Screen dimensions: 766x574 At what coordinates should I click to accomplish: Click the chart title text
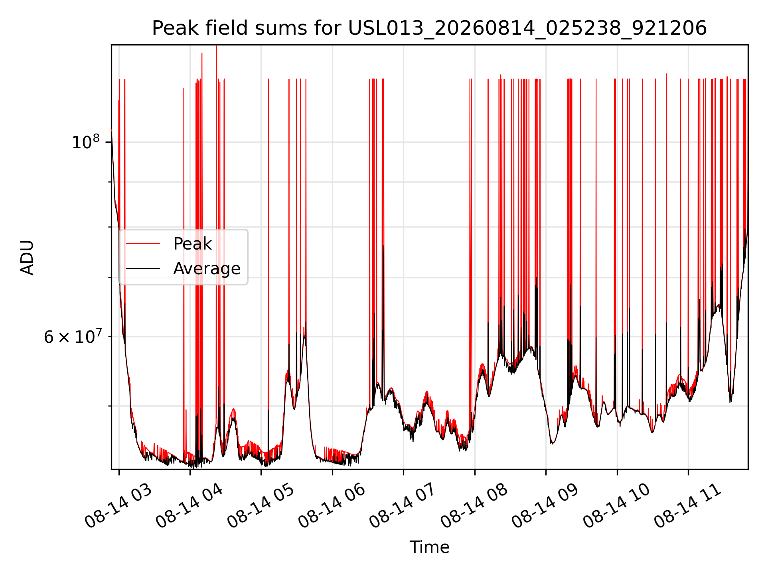pos(429,28)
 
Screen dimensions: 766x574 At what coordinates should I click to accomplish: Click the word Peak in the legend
pos(192,244)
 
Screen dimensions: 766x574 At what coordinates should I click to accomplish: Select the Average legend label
pos(207,269)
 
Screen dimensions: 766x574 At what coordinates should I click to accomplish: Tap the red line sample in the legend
pos(143,244)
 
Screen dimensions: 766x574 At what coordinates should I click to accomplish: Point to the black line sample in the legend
pos(143,269)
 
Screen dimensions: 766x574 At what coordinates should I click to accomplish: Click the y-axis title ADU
pos(27,257)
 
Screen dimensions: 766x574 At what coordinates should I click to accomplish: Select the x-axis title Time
pos(429,547)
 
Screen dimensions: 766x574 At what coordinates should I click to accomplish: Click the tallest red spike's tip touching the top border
pos(216,45)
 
